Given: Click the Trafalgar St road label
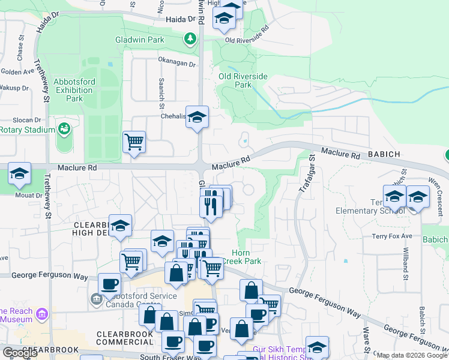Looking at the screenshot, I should pyautogui.click(x=306, y=174).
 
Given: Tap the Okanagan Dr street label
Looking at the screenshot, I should pyautogui.click(x=177, y=64).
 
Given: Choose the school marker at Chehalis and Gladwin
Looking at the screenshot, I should pyautogui.click(x=196, y=117).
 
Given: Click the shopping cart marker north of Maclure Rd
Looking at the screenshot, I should pyautogui.click(x=134, y=143).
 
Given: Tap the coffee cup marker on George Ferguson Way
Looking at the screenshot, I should pyautogui.click(x=109, y=284).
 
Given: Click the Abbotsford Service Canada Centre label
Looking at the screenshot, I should pyautogui.click(x=140, y=300).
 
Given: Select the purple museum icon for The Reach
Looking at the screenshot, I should pyautogui.click(x=41, y=314).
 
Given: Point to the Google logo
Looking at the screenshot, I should pyautogui.click(x=20, y=353).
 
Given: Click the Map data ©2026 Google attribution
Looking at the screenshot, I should pyautogui.click(x=412, y=355).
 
